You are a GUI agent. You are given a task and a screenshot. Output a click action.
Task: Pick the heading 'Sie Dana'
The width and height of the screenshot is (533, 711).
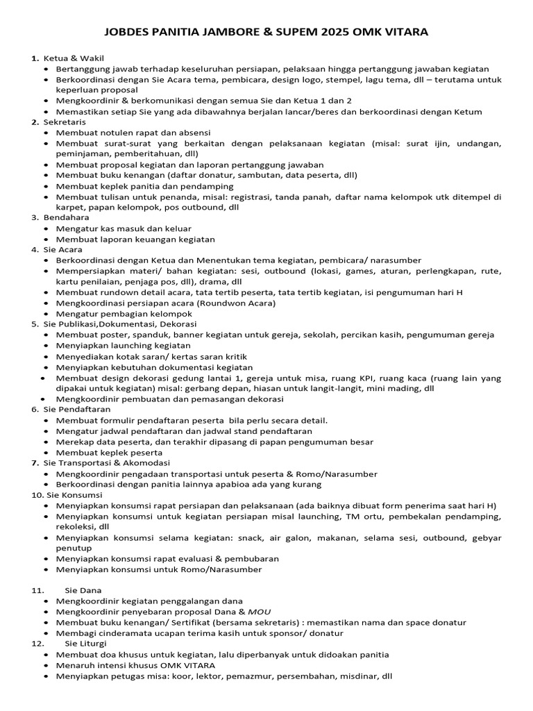pyautogui.click(x=83, y=589)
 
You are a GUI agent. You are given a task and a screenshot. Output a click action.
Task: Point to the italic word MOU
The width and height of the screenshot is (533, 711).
pyautogui.click(x=259, y=612)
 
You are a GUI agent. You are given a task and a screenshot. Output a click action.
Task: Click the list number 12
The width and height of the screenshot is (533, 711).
pyautogui.click(x=37, y=644)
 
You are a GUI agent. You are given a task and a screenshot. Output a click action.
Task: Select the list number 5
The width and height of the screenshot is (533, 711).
pyautogui.click(x=34, y=324)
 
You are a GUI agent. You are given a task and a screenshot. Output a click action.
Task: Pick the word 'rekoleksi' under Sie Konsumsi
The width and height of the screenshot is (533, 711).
pyautogui.click(x=75, y=527)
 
